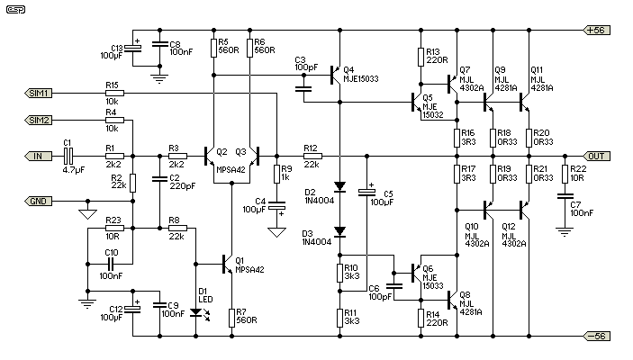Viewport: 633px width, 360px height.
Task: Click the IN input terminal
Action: [37, 156]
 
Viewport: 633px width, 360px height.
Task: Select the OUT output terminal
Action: [599, 156]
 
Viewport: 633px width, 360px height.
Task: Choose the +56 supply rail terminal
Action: [599, 30]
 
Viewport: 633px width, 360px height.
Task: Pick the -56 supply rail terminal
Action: [599, 336]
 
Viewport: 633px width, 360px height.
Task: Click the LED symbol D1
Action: [195, 313]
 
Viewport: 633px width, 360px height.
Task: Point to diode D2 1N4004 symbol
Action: [339, 187]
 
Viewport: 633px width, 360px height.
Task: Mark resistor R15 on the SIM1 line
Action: [113, 93]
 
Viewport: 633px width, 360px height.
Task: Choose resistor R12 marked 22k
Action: [312, 156]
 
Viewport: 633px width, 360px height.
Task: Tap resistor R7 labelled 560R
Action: [232, 316]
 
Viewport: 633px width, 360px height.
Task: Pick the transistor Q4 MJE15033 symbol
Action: [335, 74]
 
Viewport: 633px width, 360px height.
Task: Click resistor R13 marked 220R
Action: [420, 58]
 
